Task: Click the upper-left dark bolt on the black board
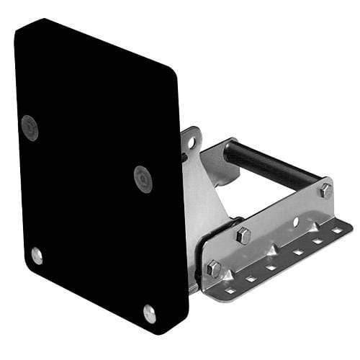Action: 30,127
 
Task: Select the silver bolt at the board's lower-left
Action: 36,255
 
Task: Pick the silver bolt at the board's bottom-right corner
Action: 149,312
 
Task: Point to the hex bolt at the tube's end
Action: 325,191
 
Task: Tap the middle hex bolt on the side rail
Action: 243,235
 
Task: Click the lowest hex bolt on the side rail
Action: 214,269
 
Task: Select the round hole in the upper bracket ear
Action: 191,143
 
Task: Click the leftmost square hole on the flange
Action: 230,291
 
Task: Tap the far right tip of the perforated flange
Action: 351,225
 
